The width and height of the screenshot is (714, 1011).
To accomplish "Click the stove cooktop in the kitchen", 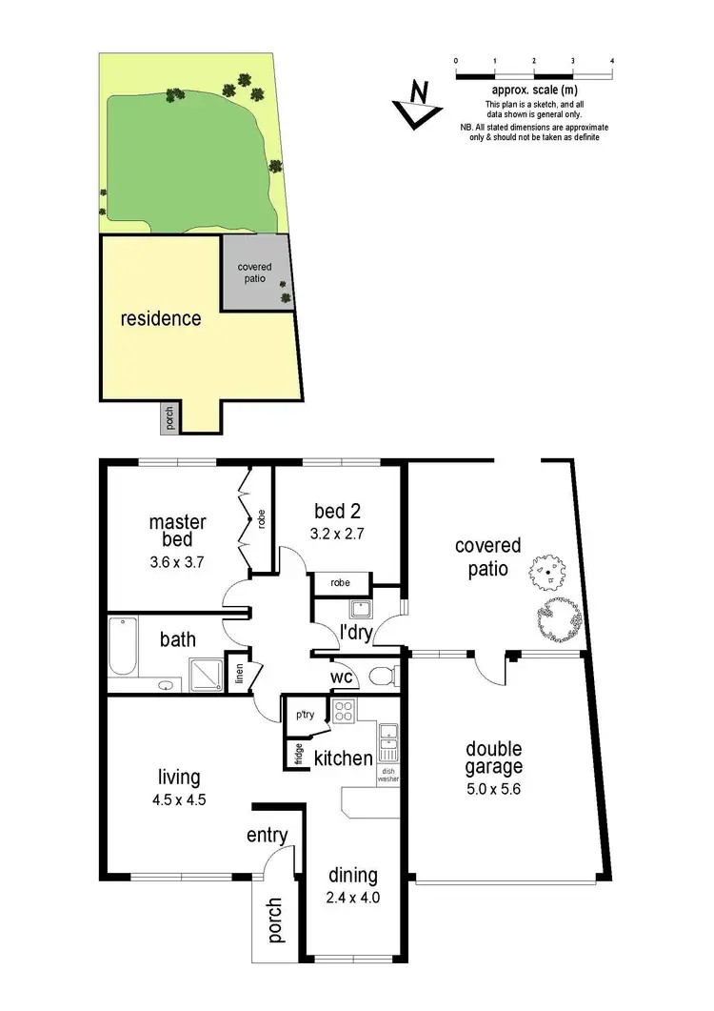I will click(x=342, y=710).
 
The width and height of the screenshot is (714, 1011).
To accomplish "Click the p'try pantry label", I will click(x=305, y=714).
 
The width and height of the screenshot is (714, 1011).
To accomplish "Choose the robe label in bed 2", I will click(x=340, y=582).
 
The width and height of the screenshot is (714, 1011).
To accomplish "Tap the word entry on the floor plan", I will click(x=267, y=836).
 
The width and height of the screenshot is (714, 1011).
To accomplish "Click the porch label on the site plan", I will click(x=170, y=418).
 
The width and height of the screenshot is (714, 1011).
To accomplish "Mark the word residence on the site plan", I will click(x=160, y=318).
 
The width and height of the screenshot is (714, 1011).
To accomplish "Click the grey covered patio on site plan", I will click(x=255, y=274).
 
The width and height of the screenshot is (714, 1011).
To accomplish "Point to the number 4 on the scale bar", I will click(x=611, y=60).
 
